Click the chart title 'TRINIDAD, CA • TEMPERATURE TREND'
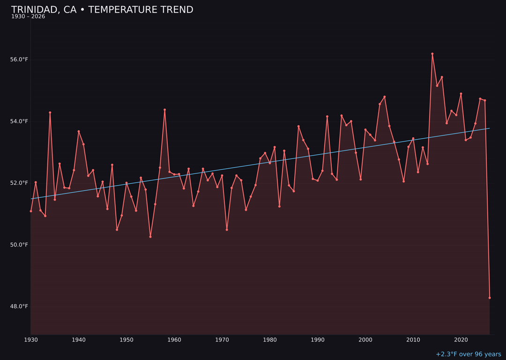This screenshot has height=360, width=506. (x=102, y=10)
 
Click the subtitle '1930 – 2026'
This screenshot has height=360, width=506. (x=28, y=17)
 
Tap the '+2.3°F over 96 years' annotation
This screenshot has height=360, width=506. (x=468, y=354)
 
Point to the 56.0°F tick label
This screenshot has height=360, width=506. (x=19, y=60)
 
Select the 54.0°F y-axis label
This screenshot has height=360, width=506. (x=19, y=121)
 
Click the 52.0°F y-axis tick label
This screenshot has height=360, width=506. (x=19, y=183)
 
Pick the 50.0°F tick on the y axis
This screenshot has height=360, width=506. (x=19, y=245)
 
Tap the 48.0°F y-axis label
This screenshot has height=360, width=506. (x=19, y=307)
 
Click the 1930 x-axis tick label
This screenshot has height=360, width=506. (x=31, y=340)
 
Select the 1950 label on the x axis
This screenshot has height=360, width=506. (x=126, y=340)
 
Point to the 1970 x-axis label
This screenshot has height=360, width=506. (x=222, y=340)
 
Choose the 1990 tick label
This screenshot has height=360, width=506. (x=318, y=340)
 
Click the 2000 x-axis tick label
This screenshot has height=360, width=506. (x=365, y=340)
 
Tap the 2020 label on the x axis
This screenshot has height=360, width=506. (x=461, y=340)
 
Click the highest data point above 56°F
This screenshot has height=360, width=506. (x=432, y=54)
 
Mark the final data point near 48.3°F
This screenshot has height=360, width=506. (x=490, y=298)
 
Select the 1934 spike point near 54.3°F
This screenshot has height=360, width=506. (x=50, y=112)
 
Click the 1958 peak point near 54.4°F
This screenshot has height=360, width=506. (x=164, y=110)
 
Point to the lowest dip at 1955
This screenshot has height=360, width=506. (x=150, y=237)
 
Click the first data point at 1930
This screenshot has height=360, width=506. (x=31, y=211)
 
